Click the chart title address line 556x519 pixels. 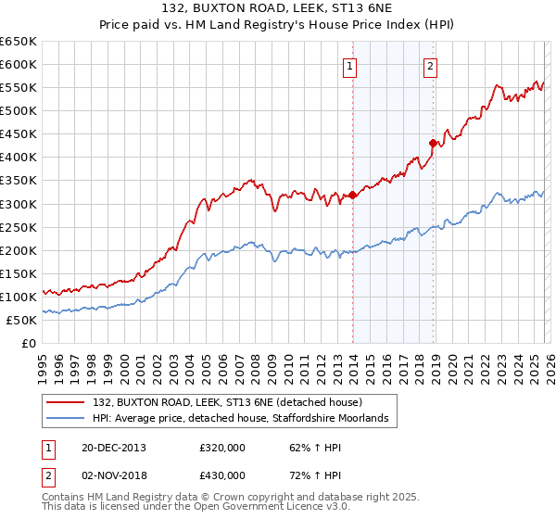point(278,9)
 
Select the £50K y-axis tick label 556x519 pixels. point(22,320)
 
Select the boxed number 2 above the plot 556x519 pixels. point(432,65)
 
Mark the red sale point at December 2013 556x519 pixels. point(352,196)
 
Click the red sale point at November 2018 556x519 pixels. point(433,143)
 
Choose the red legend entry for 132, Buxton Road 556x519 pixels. point(232,403)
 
